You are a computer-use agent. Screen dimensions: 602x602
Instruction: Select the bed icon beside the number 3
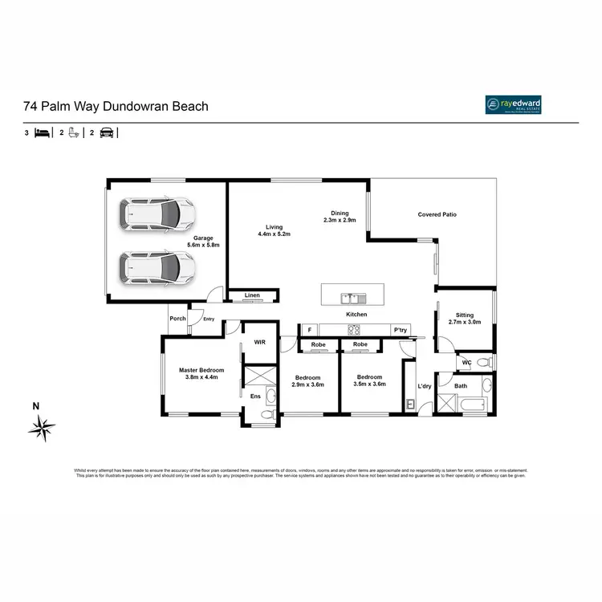(43, 133)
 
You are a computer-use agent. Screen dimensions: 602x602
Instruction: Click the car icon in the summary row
(106, 133)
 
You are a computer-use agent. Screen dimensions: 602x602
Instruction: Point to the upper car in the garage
(158, 214)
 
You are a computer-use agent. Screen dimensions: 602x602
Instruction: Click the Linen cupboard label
(252, 296)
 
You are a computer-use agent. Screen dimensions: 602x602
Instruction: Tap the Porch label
(177, 319)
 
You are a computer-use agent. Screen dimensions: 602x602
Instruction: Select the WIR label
(259, 342)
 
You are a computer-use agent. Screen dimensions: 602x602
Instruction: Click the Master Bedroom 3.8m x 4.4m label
(201, 373)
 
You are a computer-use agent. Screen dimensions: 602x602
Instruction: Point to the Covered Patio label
(437, 214)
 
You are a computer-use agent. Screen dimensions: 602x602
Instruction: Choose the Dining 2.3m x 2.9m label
(339, 217)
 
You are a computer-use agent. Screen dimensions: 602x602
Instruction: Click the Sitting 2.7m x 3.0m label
(464, 319)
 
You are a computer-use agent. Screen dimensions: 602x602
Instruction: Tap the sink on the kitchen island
(352, 298)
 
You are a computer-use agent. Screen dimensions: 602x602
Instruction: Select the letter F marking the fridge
(307, 329)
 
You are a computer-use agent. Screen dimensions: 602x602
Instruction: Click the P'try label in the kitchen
(398, 330)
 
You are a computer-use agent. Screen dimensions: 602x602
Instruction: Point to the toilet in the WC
(483, 363)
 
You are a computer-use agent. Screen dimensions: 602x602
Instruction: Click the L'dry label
(425, 387)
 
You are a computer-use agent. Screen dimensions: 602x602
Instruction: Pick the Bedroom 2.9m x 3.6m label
(307, 381)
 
